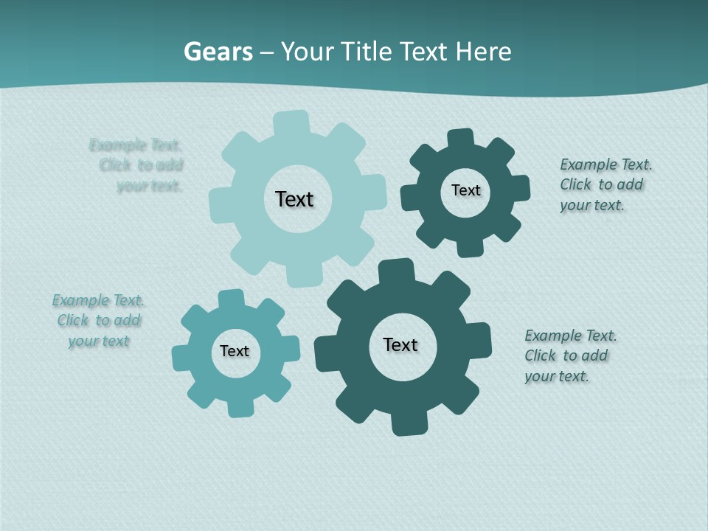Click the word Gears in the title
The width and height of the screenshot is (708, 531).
tap(218, 52)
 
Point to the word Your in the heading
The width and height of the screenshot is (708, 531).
tap(307, 52)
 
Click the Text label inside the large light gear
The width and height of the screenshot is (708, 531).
tap(294, 199)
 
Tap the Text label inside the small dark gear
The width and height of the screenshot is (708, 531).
tap(465, 190)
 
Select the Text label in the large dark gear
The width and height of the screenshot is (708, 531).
tap(400, 344)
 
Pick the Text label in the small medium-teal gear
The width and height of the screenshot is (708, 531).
tap(235, 351)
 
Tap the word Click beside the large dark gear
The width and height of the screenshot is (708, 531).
tap(541, 355)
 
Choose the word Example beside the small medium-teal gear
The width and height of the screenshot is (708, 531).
tap(80, 300)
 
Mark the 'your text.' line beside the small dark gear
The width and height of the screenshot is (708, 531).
tap(591, 206)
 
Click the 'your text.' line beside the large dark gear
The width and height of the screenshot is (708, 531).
tap(557, 376)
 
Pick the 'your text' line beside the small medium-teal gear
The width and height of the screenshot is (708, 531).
tap(99, 341)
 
